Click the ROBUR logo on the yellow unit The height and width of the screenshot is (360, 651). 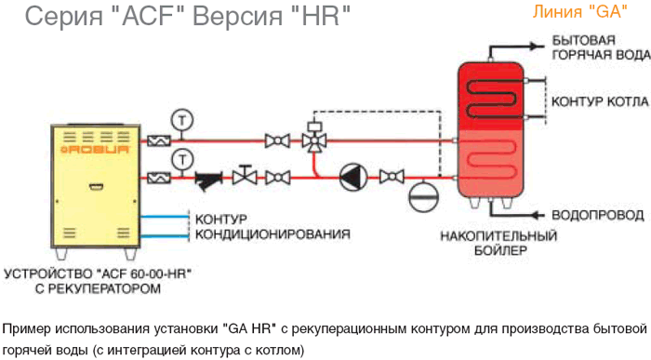click(x=95, y=150)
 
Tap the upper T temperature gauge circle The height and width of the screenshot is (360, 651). click(x=182, y=120)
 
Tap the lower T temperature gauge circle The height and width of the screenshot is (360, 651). click(x=182, y=160)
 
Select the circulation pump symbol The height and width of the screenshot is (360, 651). click(x=353, y=178)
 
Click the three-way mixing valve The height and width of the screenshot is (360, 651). click(x=314, y=140)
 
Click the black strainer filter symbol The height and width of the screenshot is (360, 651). click(x=208, y=180)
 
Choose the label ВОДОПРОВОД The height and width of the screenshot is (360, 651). click(x=598, y=216)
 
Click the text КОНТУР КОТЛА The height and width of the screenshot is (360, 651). click(x=600, y=101)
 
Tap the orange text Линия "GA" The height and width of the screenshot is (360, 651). click(x=580, y=11)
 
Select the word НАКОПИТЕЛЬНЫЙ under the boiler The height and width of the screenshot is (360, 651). click(x=498, y=236)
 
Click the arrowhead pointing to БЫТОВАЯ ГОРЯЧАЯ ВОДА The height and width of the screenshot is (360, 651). click(x=538, y=47)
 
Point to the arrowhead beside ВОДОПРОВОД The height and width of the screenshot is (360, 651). click(x=538, y=215)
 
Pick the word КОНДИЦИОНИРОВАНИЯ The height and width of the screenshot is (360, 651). click(x=272, y=234)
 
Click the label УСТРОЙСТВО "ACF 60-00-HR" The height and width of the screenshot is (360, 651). click(x=98, y=274)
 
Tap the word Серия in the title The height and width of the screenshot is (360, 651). click(x=64, y=16)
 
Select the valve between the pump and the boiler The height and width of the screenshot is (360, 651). click(x=392, y=178)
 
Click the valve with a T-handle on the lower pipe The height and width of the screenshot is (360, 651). click(x=245, y=175)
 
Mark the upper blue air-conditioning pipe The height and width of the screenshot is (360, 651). click(x=165, y=217)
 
